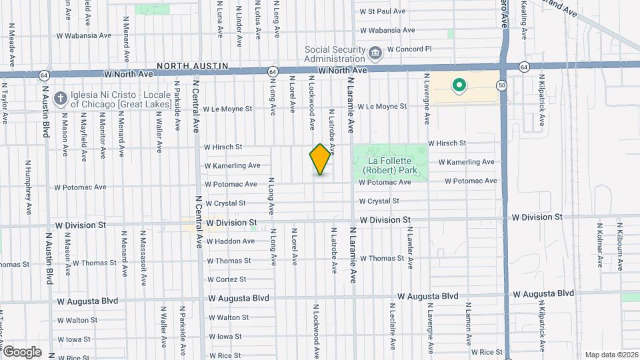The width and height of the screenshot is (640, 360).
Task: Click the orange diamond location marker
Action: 321,159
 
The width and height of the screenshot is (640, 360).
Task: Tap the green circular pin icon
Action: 459,85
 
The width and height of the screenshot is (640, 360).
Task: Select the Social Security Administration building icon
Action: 375,51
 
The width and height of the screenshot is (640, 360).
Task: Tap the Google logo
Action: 21,351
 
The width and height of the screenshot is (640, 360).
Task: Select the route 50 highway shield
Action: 501,85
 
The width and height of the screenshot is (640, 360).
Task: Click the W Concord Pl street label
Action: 409,49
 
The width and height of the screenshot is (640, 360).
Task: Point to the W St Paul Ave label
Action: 383,11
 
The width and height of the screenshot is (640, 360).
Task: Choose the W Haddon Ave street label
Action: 231,241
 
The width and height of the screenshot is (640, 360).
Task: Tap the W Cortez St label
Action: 227,279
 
